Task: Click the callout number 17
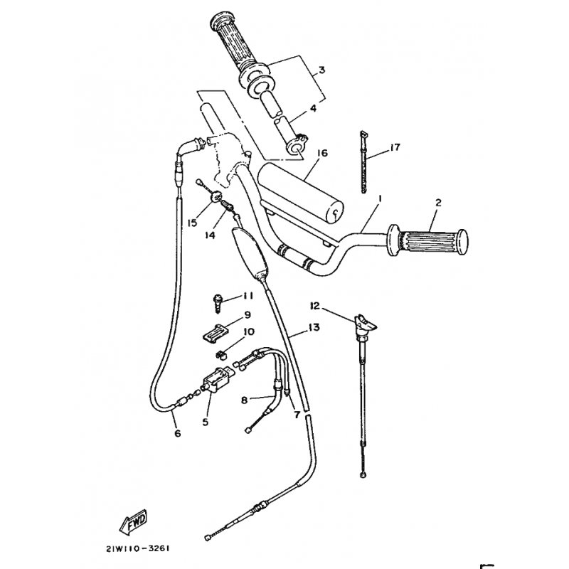point(395,148)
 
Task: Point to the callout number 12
point(314,306)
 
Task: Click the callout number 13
point(314,328)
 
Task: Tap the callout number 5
point(206,421)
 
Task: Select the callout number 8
point(243,400)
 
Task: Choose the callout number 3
point(321,70)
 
